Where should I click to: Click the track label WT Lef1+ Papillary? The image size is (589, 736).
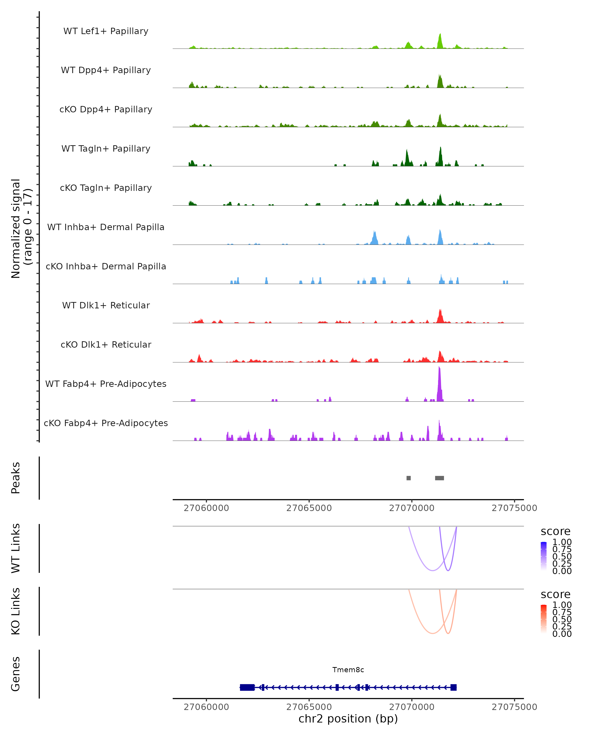(x=106, y=31)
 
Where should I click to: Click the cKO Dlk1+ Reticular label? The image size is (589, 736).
(x=106, y=344)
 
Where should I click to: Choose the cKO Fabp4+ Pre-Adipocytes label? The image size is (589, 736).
(x=106, y=423)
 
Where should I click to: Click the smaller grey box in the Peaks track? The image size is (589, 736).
(x=408, y=478)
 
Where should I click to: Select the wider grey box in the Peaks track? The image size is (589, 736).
(x=440, y=478)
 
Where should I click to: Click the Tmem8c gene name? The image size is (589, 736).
(x=348, y=670)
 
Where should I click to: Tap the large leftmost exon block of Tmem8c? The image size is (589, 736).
(x=247, y=687)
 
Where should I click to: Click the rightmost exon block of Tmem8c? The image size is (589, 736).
(x=454, y=687)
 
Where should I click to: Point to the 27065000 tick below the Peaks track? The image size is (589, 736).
(x=309, y=508)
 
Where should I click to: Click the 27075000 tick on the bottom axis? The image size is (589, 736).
(x=514, y=707)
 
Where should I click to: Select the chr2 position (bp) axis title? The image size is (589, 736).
(x=348, y=719)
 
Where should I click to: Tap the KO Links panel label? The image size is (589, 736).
(x=16, y=611)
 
